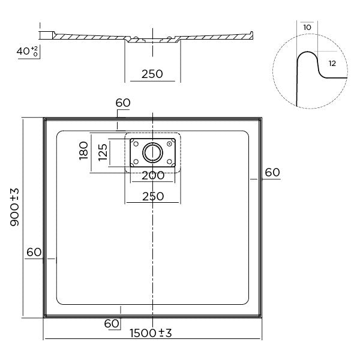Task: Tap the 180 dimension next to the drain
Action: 84,153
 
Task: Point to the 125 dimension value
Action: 103,153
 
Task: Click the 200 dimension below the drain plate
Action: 152,176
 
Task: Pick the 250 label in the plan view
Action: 152,196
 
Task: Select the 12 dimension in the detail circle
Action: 332,62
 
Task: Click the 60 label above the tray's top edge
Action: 122,103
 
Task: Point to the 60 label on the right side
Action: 272,172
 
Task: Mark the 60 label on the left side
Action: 34,252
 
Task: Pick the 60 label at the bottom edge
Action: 112,323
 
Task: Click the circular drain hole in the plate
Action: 152,153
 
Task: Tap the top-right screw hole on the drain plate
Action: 170,143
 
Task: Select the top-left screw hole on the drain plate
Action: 135,143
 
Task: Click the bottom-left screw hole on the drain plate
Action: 135,162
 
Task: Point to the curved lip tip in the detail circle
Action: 307,56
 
